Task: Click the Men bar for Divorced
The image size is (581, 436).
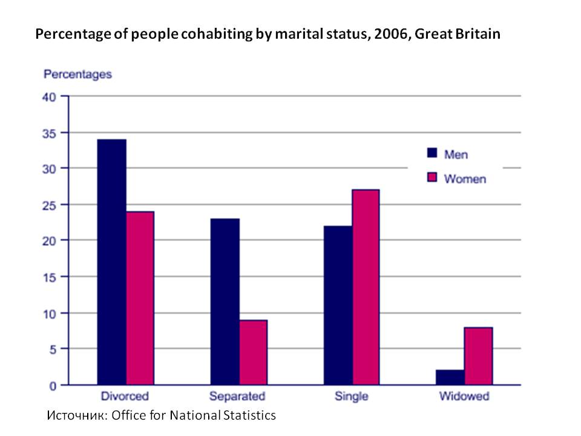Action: click(112, 262)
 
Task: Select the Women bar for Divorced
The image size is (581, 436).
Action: click(140, 298)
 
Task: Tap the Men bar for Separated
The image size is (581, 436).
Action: click(225, 302)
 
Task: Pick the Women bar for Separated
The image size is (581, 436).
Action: click(253, 352)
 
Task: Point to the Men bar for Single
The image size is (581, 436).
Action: click(338, 305)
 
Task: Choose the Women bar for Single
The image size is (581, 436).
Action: click(366, 287)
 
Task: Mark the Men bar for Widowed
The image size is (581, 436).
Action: click(451, 377)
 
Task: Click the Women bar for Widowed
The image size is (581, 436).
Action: click(478, 356)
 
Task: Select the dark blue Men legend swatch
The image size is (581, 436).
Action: click(432, 154)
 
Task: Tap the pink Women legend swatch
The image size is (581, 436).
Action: click(432, 178)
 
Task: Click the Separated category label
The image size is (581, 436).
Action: click(237, 397)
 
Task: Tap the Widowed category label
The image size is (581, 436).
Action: click(464, 397)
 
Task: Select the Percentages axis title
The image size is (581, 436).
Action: click(77, 74)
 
